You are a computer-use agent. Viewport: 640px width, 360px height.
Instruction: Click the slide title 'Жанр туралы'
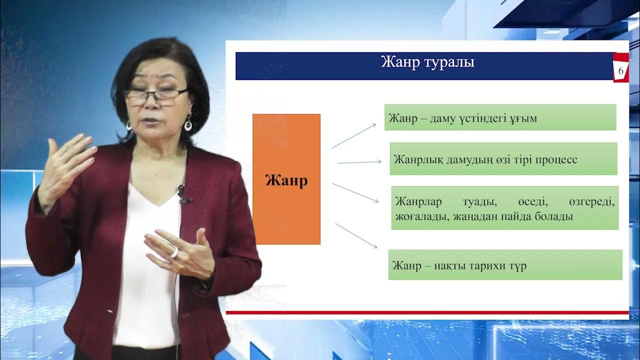click(427, 63)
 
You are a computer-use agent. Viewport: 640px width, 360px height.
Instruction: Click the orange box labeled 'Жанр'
click(286, 179)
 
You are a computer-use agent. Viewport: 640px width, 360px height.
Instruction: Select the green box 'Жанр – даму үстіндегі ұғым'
click(500, 117)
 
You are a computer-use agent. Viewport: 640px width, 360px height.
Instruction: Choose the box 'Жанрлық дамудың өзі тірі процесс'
click(503, 159)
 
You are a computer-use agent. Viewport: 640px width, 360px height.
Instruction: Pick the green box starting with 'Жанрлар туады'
click(504, 208)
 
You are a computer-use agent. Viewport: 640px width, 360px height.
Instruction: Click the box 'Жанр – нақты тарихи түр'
click(505, 265)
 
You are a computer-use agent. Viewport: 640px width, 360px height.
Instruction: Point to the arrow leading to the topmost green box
click(353, 136)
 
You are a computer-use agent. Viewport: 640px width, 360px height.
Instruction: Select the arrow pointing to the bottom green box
click(356, 235)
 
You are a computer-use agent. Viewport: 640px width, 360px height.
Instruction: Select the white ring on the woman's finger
click(174, 252)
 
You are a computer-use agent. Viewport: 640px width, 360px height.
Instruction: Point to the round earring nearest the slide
click(188, 123)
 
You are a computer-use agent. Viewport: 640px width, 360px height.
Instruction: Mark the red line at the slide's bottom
click(427, 312)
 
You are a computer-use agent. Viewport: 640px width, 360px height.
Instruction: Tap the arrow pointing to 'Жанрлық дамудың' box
click(359, 162)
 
